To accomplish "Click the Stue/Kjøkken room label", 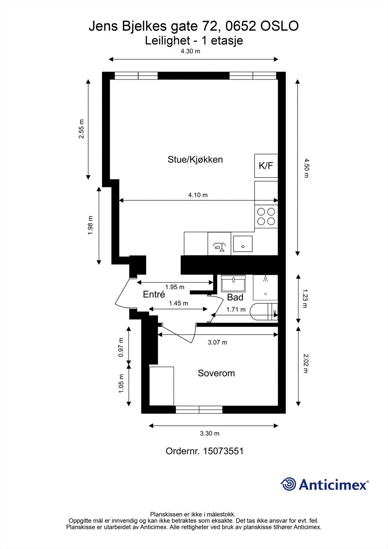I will [195, 160].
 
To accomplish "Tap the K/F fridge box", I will [266, 166].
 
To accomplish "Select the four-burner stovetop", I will [266, 216].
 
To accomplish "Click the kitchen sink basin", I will [243, 244].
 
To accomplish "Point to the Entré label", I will [154, 294].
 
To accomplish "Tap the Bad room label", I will [235, 297].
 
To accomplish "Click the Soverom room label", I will [216, 373].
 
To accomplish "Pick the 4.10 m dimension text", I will [198, 195].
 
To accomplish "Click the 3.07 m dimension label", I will [217, 342].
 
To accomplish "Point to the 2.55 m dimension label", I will [81, 129].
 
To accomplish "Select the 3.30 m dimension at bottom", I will [210, 433].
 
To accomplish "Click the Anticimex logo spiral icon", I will [288, 484].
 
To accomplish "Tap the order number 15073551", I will [223, 451].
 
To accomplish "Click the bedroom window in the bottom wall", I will [199, 410].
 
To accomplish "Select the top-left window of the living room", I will [136, 75].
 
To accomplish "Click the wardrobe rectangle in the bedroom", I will [162, 386].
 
